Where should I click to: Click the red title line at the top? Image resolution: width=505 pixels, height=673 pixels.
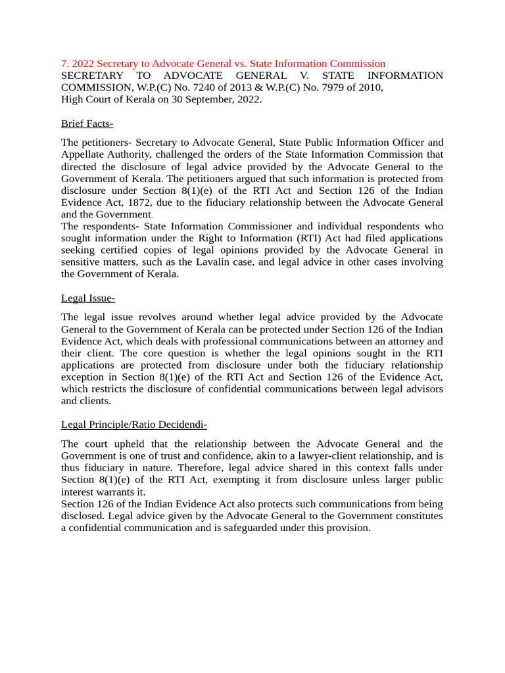coord(223,64)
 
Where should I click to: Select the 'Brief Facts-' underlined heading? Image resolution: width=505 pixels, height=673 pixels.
coord(87,124)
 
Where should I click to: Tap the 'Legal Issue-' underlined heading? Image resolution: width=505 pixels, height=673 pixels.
coord(88,298)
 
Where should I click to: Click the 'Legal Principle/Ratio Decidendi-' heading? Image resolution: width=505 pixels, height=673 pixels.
coord(134,425)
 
